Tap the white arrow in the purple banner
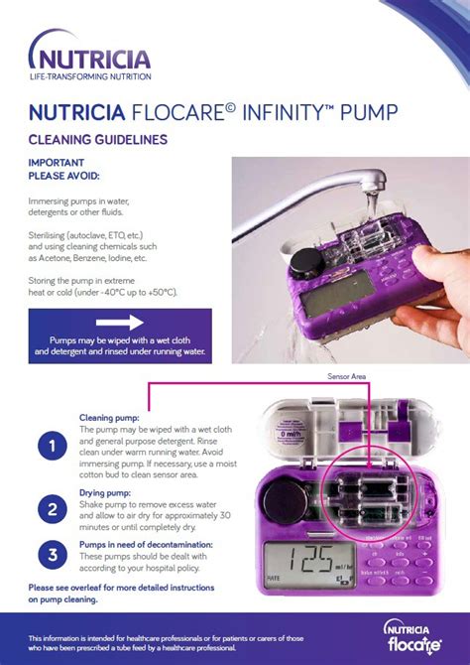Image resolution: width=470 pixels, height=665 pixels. pyautogui.click(x=120, y=323)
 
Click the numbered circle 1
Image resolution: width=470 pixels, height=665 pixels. pyautogui.click(x=52, y=447)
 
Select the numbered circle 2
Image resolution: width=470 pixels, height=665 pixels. pyautogui.click(x=52, y=510)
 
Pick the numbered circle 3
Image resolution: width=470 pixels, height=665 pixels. pyautogui.click(x=52, y=555)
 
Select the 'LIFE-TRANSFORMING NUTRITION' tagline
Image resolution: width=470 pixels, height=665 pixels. pyautogui.click(x=90, y=76)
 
